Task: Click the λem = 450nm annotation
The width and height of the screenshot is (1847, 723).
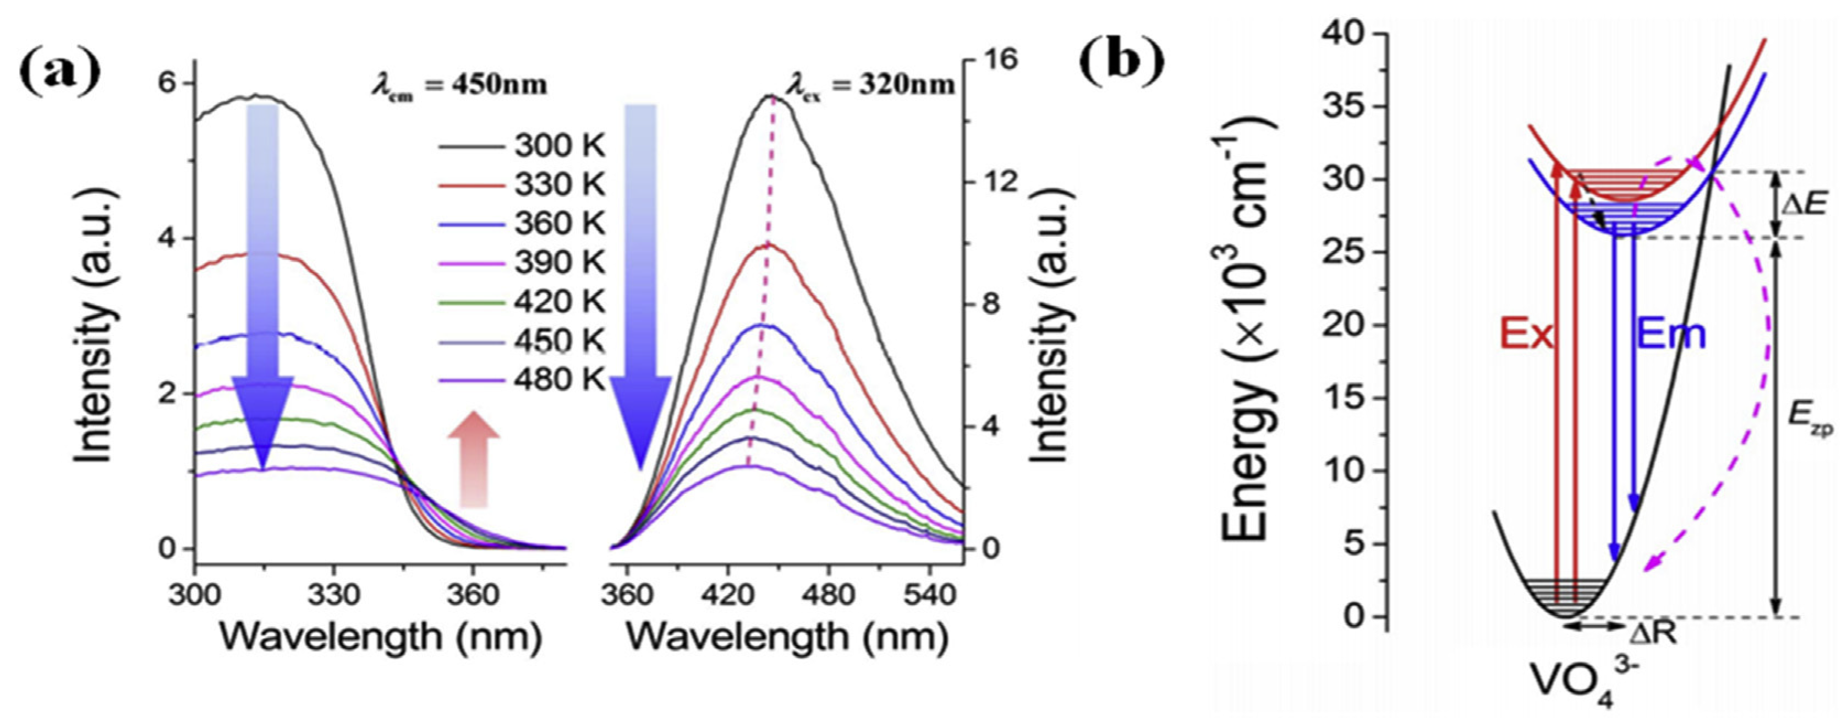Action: pyautogui.click(x=459, y=85)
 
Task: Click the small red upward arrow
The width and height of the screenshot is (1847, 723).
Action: pyautogui.click(x=473, y=459)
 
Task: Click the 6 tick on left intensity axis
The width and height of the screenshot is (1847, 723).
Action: pyautogui.click(x=165, y=83)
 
